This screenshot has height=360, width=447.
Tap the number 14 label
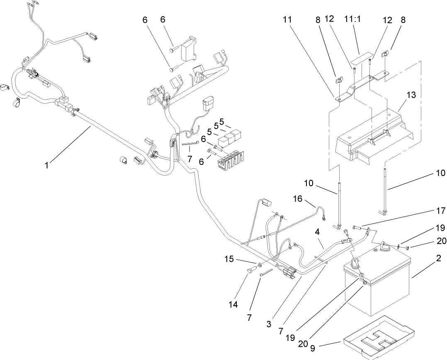(233, 304)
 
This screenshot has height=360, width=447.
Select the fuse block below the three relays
(227, 161)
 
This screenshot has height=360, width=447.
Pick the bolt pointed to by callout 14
(250, 271)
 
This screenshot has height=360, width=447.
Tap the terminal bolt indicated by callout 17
(356, 227)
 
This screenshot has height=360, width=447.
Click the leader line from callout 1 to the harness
(70, 145)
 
